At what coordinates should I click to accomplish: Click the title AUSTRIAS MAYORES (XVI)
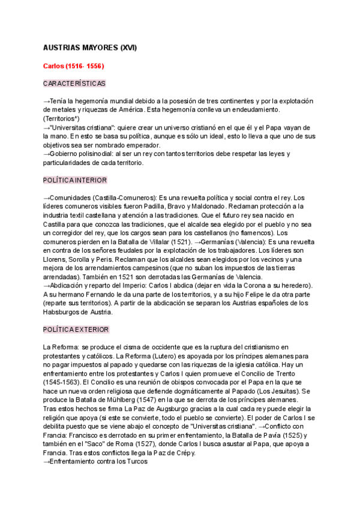pyautogui.click(x=91, y=47)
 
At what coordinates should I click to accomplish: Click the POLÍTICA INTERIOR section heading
pyautogui.click(x=76, y=180)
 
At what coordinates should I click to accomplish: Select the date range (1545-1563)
pyautogui.click(x=62, y=382)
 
